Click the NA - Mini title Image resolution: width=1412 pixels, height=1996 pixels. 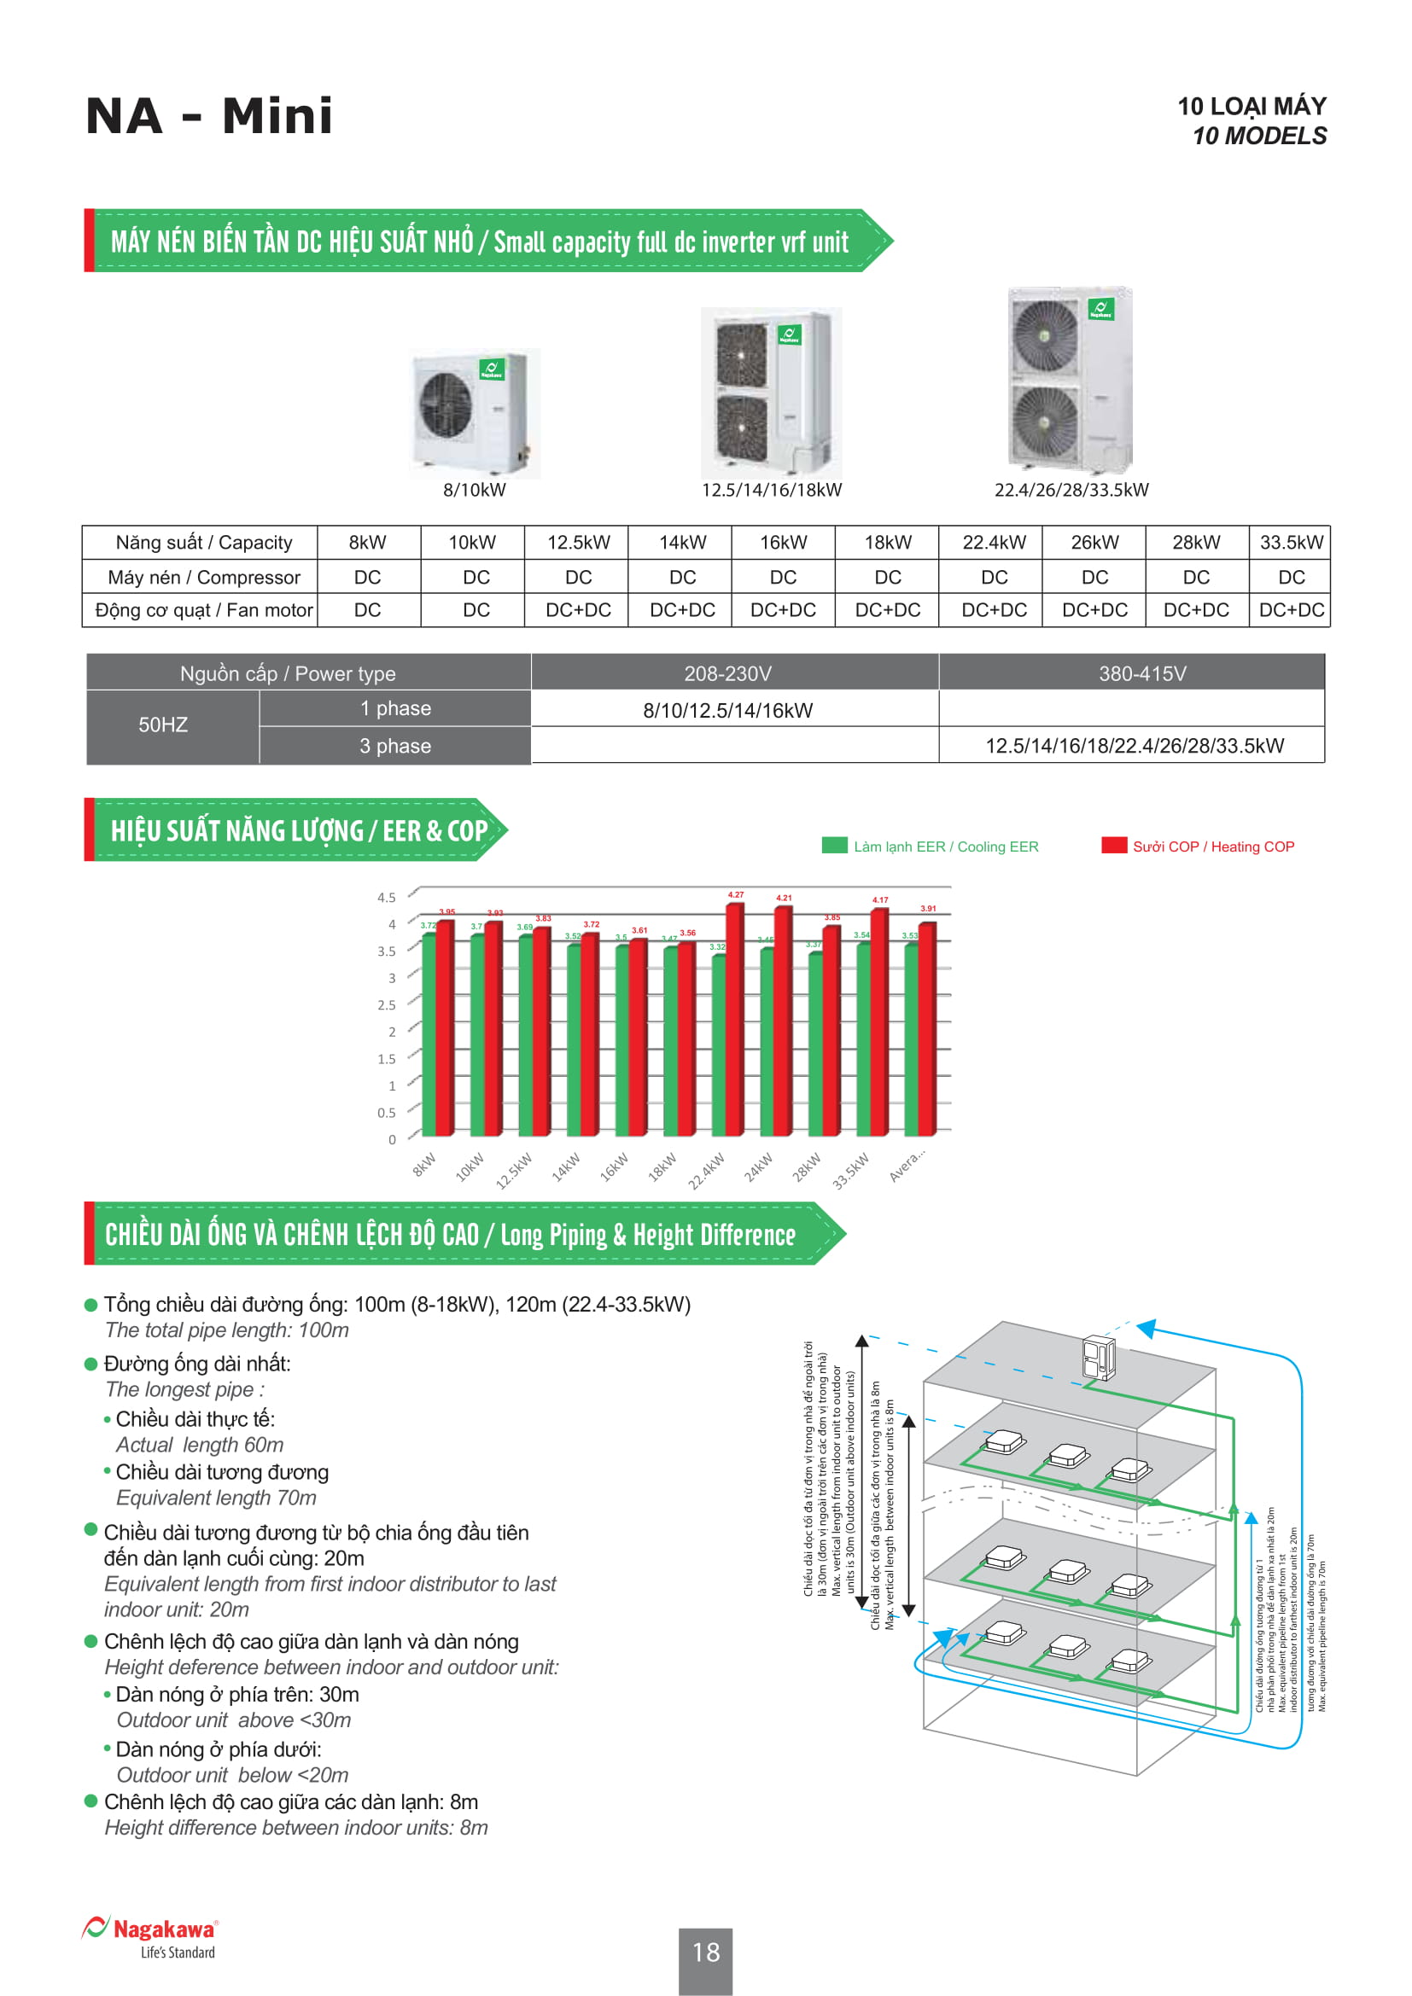[208, 115]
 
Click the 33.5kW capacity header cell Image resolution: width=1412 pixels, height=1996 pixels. [1290, 543]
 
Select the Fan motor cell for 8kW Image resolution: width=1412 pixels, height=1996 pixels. [367, 610]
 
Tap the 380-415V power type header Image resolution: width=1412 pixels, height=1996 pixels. [1141, 674]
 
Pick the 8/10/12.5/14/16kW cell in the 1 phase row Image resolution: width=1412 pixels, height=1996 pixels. [727, 710]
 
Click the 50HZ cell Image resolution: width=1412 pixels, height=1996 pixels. [163, 725]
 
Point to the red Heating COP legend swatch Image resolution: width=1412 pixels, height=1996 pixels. [1113, 846]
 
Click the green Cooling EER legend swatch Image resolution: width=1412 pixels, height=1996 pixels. [834, 846]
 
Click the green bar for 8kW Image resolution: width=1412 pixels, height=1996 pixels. [428, 1034]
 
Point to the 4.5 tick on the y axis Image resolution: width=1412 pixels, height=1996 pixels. [386, 897]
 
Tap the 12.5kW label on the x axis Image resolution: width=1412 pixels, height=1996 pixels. [514, 1170]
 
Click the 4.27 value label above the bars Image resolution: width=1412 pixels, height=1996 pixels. [736, 894]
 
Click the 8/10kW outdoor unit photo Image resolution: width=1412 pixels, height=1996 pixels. [475, 413]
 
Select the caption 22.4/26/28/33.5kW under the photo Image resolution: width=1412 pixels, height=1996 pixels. [1071, 491]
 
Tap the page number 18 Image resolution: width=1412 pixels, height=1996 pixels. [706, 1952]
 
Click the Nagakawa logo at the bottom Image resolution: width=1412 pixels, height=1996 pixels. [150, 1938]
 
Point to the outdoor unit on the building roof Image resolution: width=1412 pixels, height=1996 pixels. [1098, 1358]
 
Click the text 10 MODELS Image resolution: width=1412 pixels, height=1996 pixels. [1259, 137]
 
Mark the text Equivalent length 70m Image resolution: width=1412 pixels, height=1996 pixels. [217, 1498]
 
